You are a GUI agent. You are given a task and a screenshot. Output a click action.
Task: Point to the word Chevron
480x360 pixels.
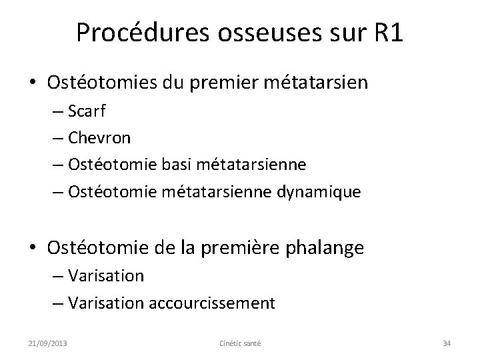pos(100,138)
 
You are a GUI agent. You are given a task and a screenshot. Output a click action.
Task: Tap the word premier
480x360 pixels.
pos(216,83)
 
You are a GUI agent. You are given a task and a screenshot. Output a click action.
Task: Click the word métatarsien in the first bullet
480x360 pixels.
pos(312,83)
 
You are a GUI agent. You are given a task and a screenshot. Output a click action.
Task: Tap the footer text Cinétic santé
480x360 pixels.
pos(240,343)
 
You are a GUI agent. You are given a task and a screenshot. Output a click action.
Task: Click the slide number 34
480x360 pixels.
pos(447,343)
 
